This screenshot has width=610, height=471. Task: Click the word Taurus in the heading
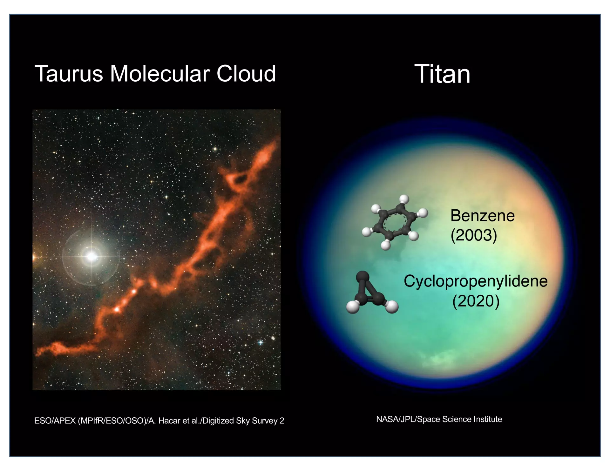pos(69,74)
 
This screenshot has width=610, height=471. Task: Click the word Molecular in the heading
pos(159,74)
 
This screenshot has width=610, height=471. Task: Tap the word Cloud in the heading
pos(246,74)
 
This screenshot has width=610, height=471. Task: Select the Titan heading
pos(442,74)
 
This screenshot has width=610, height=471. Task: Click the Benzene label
pos(482,216)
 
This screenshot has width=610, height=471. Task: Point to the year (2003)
pos(474,235)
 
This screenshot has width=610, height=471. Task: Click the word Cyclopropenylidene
pos(476,281)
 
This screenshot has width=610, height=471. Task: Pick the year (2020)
pos(476,301)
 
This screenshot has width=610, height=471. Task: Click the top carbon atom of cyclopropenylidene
pos(363,277)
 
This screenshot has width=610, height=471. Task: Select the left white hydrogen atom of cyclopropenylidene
pos(353,307)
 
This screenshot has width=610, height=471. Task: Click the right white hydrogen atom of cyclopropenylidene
pos(392,306)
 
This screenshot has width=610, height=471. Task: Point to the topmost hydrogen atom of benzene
pos(404,199)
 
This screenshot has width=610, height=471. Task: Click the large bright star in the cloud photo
pos(91,256)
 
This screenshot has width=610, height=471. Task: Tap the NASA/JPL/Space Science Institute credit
pos(439,419)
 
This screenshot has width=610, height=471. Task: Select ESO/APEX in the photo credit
pos(55,421)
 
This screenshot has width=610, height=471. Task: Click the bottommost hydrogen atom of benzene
pos(386,245)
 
